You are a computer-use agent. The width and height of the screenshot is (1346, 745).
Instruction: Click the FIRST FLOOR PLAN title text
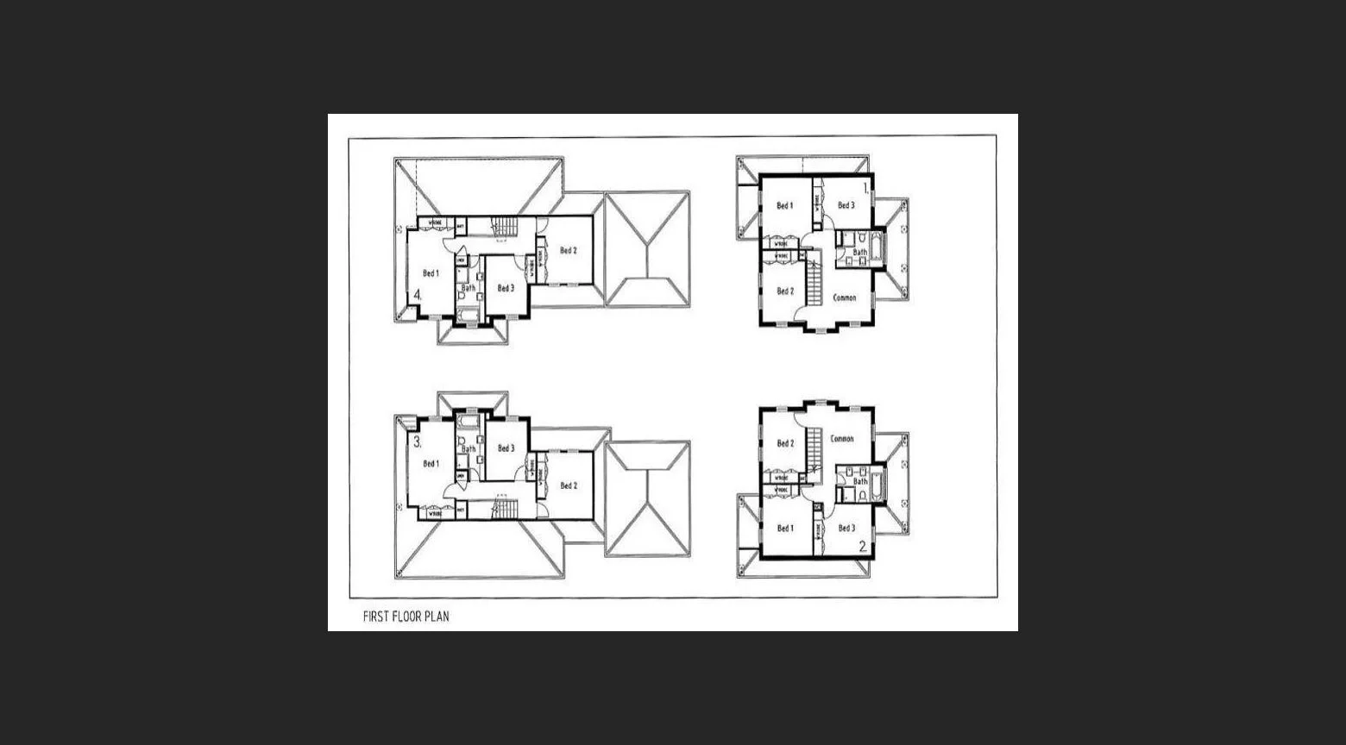406,617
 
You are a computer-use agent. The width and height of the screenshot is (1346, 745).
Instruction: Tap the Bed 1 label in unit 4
431,273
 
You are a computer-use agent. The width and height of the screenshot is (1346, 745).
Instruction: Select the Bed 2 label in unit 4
568,251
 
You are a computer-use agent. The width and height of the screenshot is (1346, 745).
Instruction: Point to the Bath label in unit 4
468,288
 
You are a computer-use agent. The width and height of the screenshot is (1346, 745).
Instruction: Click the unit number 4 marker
418,295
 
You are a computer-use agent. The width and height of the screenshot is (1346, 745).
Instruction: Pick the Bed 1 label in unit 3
431,464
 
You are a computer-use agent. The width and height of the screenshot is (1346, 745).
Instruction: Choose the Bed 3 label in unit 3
506,448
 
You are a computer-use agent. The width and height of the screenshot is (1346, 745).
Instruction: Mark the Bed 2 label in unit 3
568,485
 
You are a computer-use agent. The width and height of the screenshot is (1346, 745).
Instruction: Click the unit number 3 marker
418,442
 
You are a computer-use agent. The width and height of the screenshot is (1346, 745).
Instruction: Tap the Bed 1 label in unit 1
784,206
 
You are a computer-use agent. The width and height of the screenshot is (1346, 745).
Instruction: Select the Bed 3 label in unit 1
846,206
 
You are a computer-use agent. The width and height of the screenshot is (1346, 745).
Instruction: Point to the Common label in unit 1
844,297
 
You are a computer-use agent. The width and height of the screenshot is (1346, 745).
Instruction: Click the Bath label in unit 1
859,253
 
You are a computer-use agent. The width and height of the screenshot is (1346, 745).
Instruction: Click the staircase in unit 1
813,280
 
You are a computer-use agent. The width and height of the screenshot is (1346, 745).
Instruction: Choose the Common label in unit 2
842,439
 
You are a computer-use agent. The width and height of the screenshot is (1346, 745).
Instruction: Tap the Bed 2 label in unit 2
784,444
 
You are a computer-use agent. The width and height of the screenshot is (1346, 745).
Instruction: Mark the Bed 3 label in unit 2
846,529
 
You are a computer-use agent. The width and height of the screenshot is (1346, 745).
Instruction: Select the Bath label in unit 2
859,482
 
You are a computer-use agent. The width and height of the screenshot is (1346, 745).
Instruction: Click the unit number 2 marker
863,546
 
